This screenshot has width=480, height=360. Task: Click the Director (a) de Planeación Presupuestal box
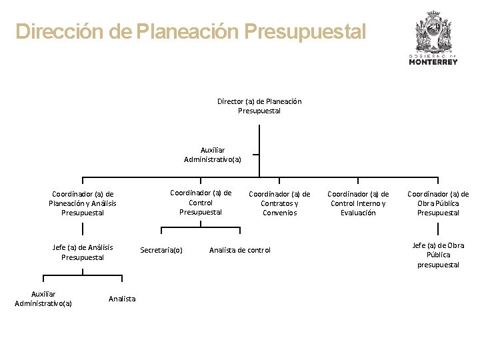coord(259,106)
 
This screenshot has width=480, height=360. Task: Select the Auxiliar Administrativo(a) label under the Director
coord(213,155)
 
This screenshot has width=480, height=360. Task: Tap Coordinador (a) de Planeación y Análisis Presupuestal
coord(83,203)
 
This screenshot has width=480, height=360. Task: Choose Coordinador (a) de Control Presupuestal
coord(201,203)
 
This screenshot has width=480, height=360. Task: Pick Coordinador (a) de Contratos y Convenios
coord(279,203)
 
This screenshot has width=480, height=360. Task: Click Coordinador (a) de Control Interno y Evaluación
coord(358,203)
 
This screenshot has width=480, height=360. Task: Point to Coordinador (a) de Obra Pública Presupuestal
coord(438,203)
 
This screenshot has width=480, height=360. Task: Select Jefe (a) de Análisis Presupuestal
coord(83,252)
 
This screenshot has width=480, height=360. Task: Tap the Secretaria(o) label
coord(161,250)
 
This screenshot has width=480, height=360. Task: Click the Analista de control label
coord(240,250)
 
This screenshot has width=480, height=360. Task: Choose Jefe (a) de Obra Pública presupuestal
coord(438,255)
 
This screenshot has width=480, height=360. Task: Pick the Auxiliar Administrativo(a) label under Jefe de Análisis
coord(43,299)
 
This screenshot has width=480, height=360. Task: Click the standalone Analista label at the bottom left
coord(122,299)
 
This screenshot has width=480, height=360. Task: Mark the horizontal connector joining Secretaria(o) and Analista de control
coord(200,234)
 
